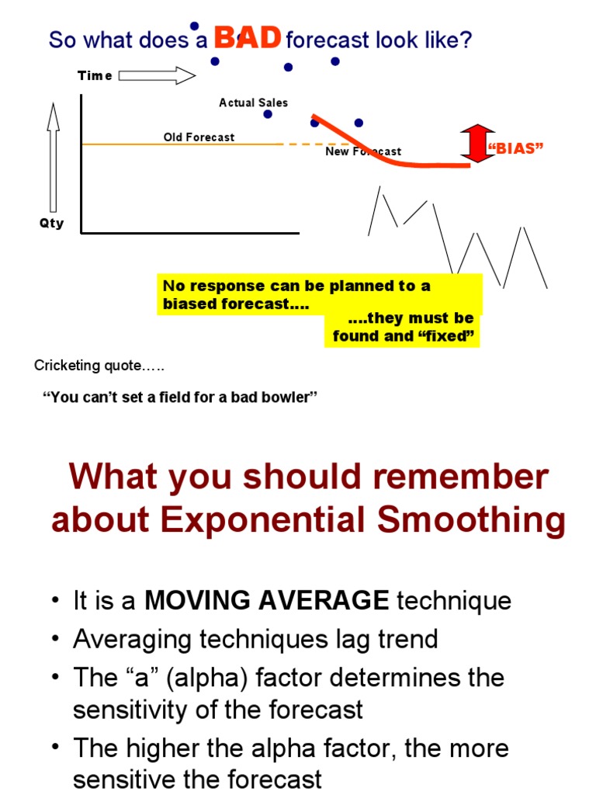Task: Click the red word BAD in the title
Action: [x=248, y=37]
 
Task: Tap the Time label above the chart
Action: [x=95, y=75]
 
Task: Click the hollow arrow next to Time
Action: [x=157, y=75]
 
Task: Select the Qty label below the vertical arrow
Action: [x=52, y=224]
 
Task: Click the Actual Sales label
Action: [x=253, y=102]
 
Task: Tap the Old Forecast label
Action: [x=199, y=137]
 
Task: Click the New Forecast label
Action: [x=363, y=151]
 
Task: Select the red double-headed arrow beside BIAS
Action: [x=477, y=144]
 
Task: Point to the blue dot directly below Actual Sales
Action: [x=268, y=114]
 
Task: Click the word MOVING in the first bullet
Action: [x=187, y=600]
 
